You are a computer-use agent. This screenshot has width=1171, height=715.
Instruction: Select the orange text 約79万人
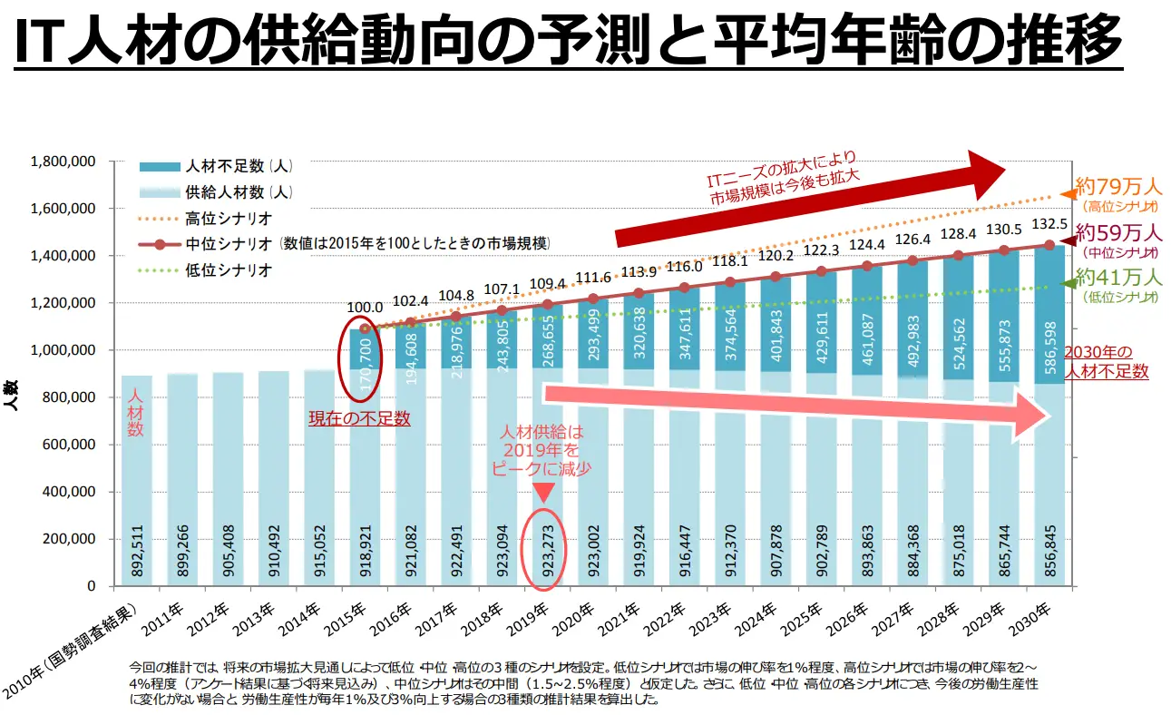tap(1117, 188)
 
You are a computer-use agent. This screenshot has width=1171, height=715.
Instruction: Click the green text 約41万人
tap(1117, 277)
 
